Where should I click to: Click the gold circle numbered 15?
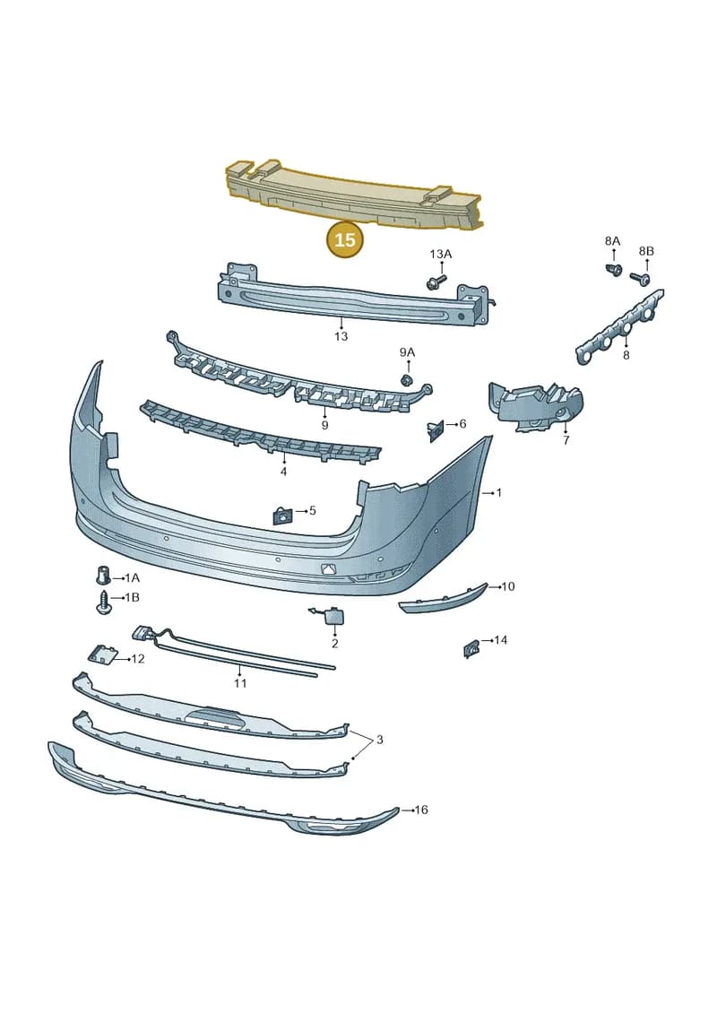coord(345,240)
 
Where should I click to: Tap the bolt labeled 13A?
coord(436,282)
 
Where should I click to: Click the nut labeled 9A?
coord(407,379)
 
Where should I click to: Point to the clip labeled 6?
coord(435,430)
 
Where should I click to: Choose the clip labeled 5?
coord(282,516)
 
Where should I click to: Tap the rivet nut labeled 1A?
coord(101,575)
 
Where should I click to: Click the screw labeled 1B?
coord(103,602)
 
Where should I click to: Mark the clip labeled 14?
coord(471,648)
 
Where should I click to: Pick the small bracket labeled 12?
coord(102,654)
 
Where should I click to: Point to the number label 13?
coord(341,336)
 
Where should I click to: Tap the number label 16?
coord(421,810)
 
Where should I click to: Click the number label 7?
coord(566,441)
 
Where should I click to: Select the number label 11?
coord(240,683)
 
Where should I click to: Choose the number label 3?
coord(379,739)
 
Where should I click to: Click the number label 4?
coord(283,472)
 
